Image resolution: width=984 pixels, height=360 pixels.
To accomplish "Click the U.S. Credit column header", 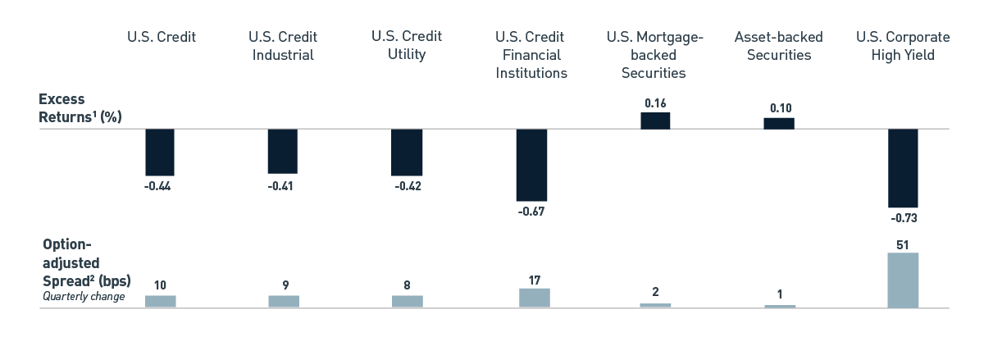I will click(x=161, y=37).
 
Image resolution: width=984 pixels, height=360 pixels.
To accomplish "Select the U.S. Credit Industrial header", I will click(x=282, y=46).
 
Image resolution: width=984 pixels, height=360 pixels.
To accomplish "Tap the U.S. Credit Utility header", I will click(x=406, y=46).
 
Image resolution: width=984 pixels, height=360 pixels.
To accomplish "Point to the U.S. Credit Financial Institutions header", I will click(x=531, y=55).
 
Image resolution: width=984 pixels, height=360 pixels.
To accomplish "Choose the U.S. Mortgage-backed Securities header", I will click(x=654, y=55).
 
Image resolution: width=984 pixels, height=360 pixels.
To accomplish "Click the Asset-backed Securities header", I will click(x=778, y=46).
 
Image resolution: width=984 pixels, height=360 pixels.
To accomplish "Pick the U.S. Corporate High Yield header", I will click(x=902, y=46).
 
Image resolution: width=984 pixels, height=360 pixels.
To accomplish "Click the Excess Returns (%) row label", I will click(x=80, y=107).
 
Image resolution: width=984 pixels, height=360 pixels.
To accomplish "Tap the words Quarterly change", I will click(x=83, y=296).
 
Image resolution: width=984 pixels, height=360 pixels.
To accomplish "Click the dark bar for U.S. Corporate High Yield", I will click(x=902, y=168).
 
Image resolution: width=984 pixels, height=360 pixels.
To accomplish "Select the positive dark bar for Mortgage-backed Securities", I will click(x=654, y=121).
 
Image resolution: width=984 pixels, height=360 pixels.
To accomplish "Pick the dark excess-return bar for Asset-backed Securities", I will click(x=778, y=123).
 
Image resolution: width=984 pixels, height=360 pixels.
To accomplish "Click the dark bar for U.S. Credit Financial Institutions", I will click(x=531, y=165).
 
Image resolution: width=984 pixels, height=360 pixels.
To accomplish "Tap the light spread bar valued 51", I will click(x=902, y=280).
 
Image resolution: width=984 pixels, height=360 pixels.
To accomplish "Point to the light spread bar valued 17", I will click(x=534, y=298).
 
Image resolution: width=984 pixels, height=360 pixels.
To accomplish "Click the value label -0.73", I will click(x=902, y=218).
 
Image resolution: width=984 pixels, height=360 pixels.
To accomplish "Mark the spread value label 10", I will click(x=161, y=285).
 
